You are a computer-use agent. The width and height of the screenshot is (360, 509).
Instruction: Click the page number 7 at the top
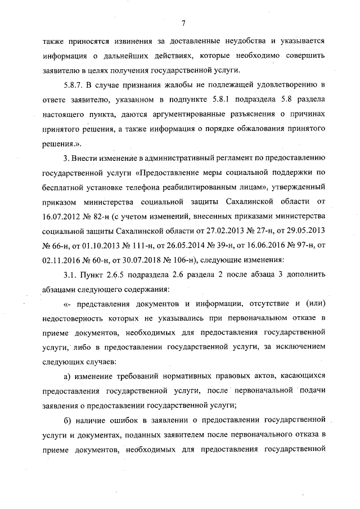[x=183, y=23]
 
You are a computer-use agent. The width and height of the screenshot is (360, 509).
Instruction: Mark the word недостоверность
[x=74, y=318]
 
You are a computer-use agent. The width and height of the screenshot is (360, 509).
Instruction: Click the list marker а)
[x=67, y=375]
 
